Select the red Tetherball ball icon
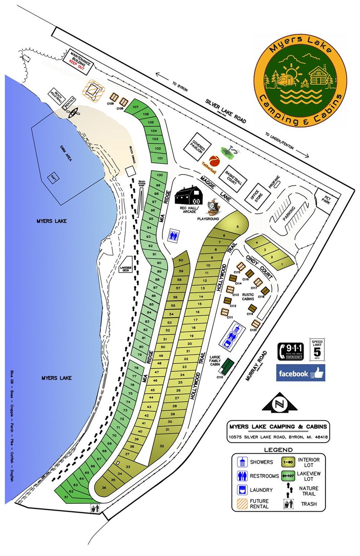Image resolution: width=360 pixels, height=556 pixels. tap(215, 161)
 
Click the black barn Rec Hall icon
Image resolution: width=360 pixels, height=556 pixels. tap(189, 195)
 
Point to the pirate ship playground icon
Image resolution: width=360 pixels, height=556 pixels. tap(212, 207)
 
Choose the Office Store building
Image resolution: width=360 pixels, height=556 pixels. tap(259, 194)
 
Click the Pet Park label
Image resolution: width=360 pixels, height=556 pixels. tap(326, 201)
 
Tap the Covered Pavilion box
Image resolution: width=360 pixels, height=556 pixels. tap(197, 147)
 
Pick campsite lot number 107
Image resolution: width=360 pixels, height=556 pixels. tap(135, 107)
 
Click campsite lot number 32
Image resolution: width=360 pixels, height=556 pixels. tap(161, 446)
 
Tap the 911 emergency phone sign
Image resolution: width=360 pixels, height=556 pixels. tap(291, 351)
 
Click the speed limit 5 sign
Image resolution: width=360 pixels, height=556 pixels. tap(317, 349)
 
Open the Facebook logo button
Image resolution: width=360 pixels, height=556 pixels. tap(300, 373)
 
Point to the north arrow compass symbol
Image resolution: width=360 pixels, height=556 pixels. tap(280, 403)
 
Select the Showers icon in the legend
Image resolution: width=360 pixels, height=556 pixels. tap(242, 462)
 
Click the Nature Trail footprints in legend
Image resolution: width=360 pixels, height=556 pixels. tap(288, 491)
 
